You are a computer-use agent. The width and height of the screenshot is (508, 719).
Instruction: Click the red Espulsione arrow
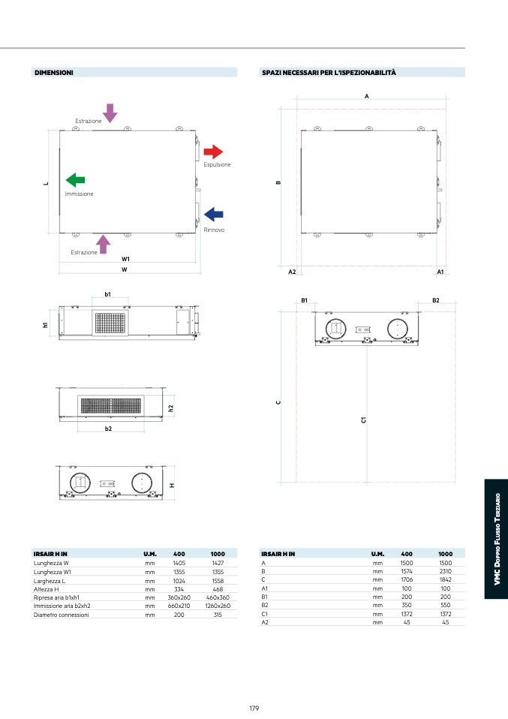tap(213, 152)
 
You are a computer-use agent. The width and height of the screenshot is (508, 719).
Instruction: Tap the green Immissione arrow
tap(75, 180)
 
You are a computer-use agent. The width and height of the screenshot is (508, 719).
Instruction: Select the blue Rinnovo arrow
tap(214, 214)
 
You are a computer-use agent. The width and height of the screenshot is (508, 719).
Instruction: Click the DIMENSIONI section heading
tap(53, 73)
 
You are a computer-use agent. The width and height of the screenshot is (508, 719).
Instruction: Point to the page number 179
tap(254, 708)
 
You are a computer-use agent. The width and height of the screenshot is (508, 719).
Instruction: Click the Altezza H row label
tap(46, 589)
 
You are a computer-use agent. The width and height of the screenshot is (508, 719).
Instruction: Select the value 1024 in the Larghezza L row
tap(179, 581)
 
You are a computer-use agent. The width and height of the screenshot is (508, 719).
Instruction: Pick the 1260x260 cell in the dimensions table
tap(218, 606)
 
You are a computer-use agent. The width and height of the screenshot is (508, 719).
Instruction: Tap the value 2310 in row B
tap(445, 571)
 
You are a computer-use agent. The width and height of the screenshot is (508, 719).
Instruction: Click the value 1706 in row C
tap(407, 579)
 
